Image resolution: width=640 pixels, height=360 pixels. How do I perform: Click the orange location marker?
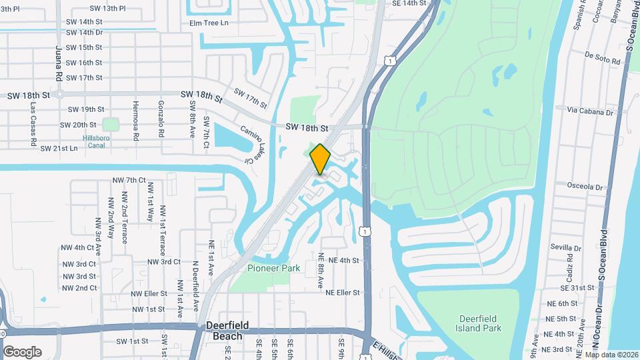(x=320, y=159)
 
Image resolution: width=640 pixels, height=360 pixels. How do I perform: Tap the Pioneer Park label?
(x=273, y=268)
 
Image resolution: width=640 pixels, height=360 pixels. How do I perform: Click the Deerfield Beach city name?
(x=227, y=330)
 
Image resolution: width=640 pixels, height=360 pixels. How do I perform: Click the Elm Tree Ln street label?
(x=209, y=23)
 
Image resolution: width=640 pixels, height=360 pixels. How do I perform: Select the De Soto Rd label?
(x=602, y=58)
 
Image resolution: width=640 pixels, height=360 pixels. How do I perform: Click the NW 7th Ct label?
(x=129, y=180)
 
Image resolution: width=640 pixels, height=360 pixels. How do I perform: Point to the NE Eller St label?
(x=343, y=292)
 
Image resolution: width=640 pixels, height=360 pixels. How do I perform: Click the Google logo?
(x=22, y=351)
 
